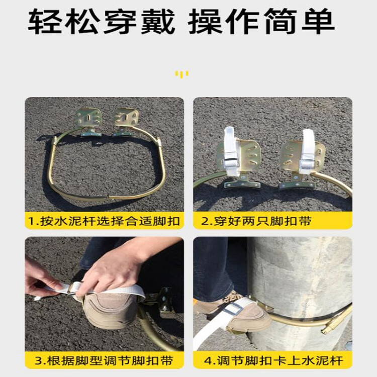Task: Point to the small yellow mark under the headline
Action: [182, 74]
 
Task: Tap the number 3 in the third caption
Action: [39, 360]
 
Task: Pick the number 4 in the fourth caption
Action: [208, 360]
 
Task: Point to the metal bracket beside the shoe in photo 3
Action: [161, 301]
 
